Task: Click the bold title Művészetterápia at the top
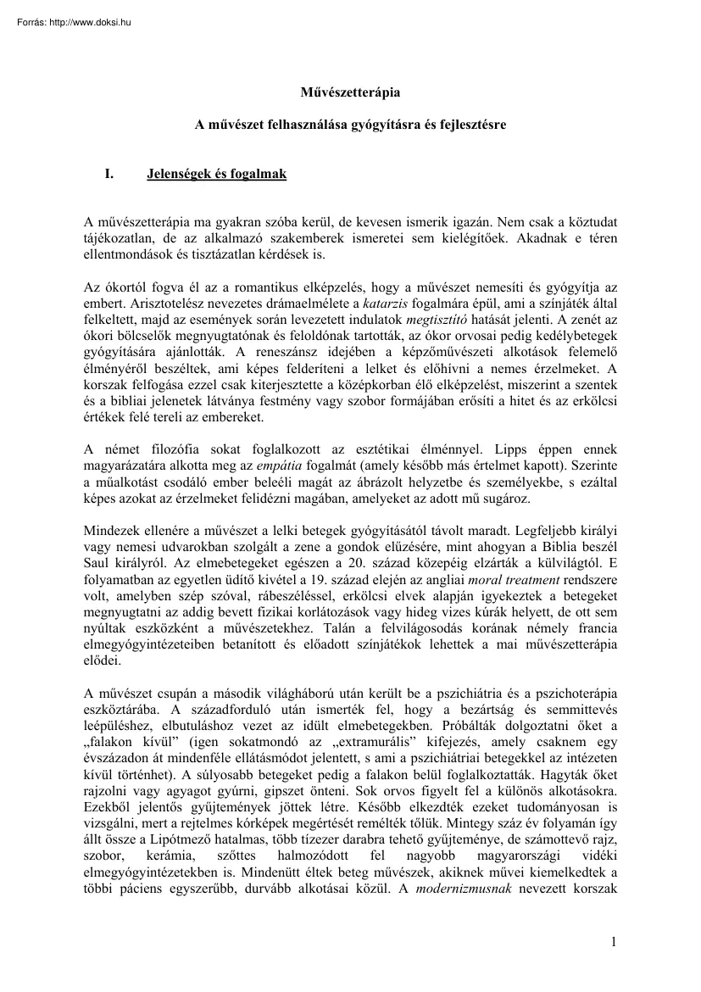click(350, 92)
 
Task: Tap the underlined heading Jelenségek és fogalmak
click(216, 175)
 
